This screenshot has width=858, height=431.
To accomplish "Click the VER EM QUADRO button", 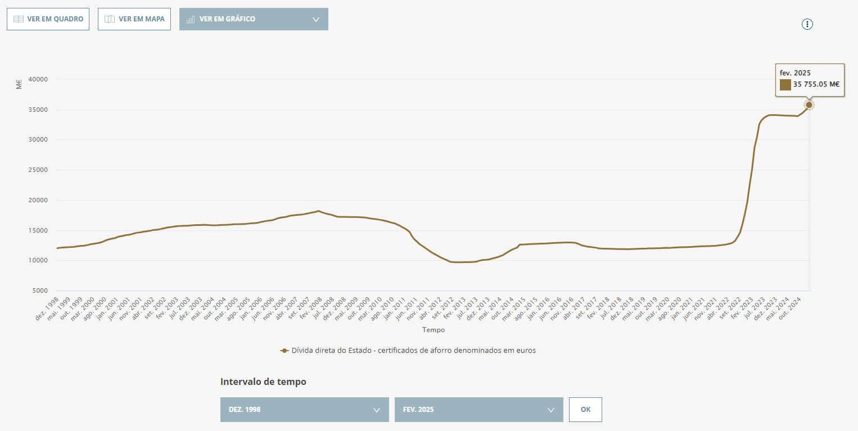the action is click(48, 19).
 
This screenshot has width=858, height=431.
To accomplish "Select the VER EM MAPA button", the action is click(134, 19).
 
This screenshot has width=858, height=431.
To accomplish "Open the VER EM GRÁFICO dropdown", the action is click(254, 19).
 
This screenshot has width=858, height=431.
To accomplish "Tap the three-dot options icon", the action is click(807, 24).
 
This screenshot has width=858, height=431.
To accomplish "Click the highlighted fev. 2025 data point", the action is click(809, 105).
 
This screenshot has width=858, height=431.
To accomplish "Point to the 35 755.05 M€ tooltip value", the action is click(816, 84).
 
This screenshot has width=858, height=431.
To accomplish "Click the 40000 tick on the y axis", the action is click(38, 79).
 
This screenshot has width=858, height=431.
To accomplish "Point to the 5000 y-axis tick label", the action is click(40, 291).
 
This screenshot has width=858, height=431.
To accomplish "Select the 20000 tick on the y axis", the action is click(38, 200).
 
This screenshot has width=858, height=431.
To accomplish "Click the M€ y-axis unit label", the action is click(19, 84).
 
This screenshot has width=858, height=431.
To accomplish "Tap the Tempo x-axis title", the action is click(433, 329).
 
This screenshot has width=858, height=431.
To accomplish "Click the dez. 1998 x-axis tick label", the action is click(47, 308).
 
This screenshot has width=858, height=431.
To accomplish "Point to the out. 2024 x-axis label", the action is click(789, 308).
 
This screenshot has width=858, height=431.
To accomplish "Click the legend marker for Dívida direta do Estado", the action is click(284, 351).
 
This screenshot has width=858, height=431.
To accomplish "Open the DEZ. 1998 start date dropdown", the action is click(305, 410).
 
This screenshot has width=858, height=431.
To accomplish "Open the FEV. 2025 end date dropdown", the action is click(479, 410).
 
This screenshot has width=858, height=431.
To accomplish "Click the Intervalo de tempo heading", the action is click(263, 382).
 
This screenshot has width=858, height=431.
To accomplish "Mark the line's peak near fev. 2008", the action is click(318, 211).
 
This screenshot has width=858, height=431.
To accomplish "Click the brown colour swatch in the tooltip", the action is click(785, 85).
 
